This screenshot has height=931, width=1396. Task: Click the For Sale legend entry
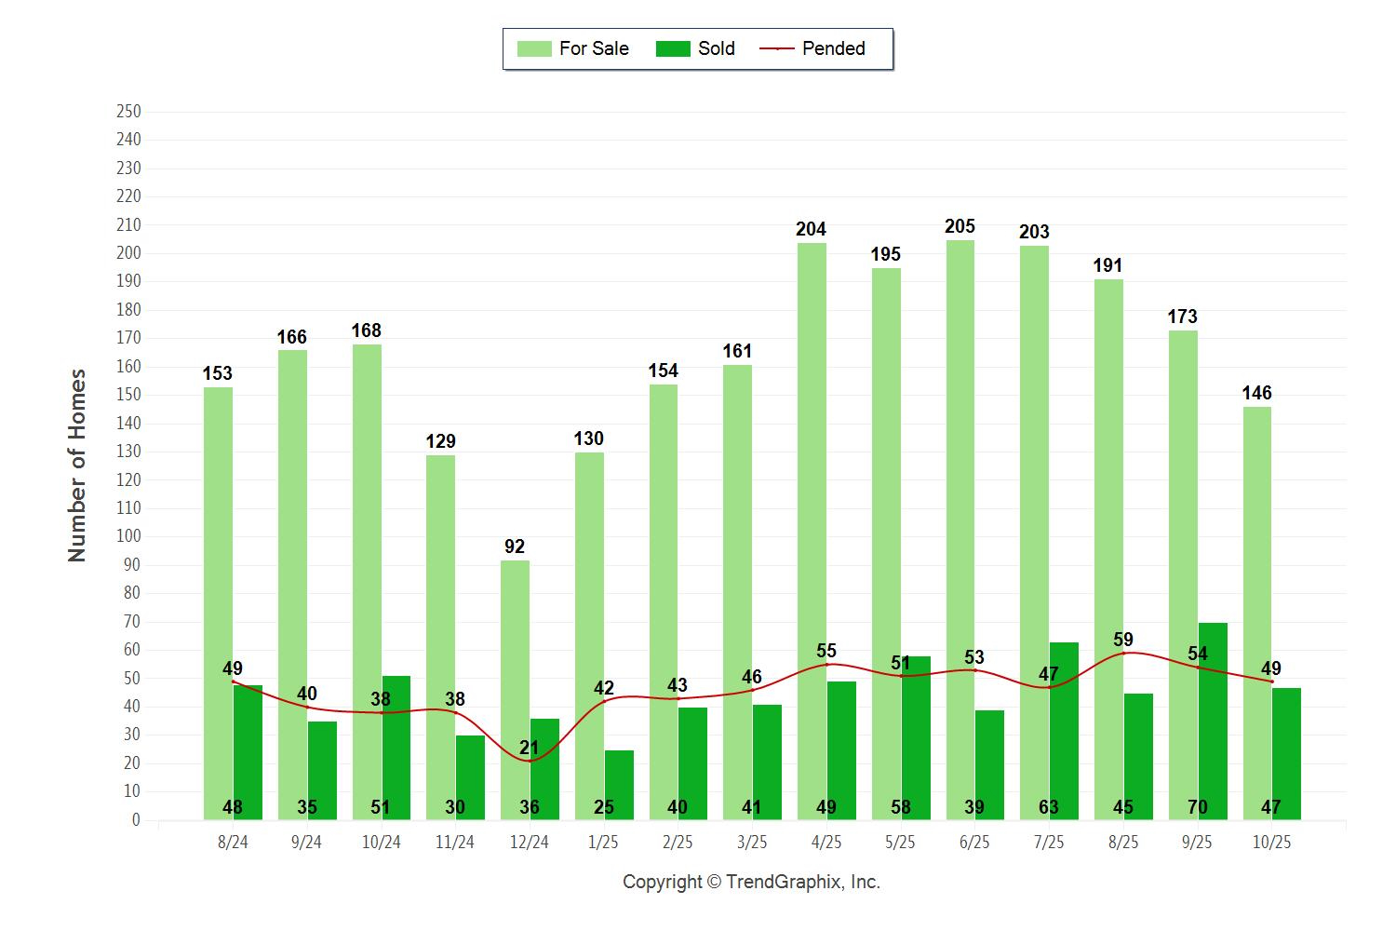(573, 48)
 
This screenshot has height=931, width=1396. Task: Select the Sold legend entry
(695, 48)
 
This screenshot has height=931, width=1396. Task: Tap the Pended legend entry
(813, 48)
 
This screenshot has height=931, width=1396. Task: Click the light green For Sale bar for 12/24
(515, 689)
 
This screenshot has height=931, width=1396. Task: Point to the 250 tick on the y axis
(128, 112)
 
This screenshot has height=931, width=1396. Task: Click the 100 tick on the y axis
(128, 536)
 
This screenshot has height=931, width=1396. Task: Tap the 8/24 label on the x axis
(233, 842)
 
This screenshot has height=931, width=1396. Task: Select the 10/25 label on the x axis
(1271, 842)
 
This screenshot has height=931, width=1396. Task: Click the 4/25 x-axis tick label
(826, 842)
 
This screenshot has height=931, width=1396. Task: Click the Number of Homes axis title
(77, 465)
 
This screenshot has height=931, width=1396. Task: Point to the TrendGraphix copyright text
(751, 882)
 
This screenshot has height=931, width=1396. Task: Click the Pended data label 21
(530, 748)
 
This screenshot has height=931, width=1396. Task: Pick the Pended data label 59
(1123, 640)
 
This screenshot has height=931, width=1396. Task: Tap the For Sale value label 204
(811, 229)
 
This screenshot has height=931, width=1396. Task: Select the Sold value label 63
(1049, 807)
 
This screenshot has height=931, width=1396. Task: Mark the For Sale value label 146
(1256, 393)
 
